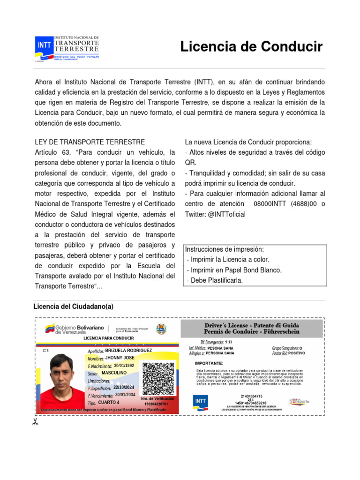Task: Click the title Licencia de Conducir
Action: pos(251,47)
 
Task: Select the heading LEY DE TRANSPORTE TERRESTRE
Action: pos(90,142)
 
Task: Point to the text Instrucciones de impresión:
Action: pos(225,249)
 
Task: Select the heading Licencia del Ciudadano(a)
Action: pos(74,307)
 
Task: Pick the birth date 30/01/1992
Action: pos(124,365)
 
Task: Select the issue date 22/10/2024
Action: pos(124,387)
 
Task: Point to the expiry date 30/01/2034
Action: pos(125,395)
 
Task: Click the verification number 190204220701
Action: pos(156,404)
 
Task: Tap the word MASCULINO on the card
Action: pos(114,372)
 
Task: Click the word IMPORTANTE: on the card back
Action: pos(209,363)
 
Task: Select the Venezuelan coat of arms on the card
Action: pos(161,329)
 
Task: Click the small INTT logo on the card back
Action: pos(201,402)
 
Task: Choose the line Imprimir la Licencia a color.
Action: pos(228,259)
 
